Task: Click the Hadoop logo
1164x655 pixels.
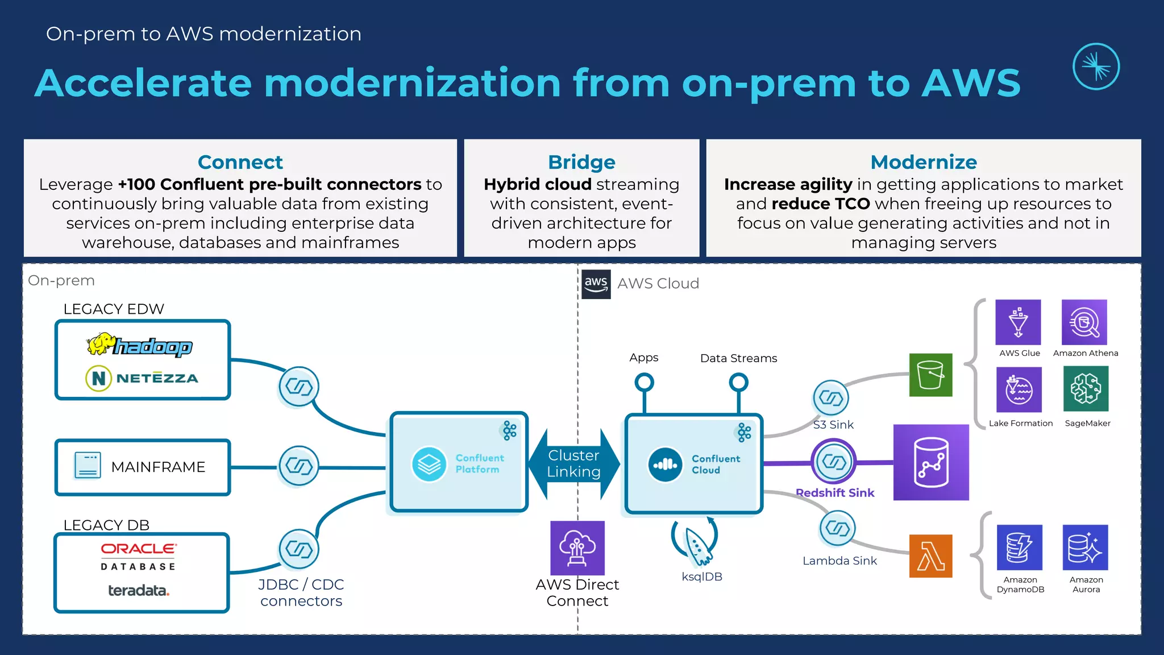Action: tap(140, 345)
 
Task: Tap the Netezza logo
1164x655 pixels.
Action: tap(142, 378)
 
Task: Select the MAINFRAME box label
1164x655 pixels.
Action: tap(158, 467)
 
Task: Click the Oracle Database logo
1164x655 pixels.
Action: tap(139, 555)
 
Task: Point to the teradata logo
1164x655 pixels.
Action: tap(139, 591)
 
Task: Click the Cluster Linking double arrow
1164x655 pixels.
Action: tap(574, 464)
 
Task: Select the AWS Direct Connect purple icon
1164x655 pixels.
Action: tap(577, 548)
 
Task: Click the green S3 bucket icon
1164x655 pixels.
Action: tap(930, 375)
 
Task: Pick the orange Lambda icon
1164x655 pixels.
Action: tap(930, 555)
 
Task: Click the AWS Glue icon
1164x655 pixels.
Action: tap(1018, 322)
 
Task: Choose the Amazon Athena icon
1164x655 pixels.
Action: tap(1084, 322)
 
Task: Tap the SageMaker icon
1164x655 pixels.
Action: tap(1086, 389)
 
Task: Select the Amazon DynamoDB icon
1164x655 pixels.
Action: tap(1020, 547)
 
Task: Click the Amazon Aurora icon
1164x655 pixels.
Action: tap(1085, 547)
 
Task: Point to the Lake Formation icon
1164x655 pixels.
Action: tap(1018, 389)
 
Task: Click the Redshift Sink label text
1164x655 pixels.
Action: tap(834, 493)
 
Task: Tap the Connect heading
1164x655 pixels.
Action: tap(240, 162)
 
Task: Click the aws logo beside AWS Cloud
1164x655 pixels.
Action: tap(596, 284)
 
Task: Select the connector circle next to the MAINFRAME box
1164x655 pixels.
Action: tap(299, 466)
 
